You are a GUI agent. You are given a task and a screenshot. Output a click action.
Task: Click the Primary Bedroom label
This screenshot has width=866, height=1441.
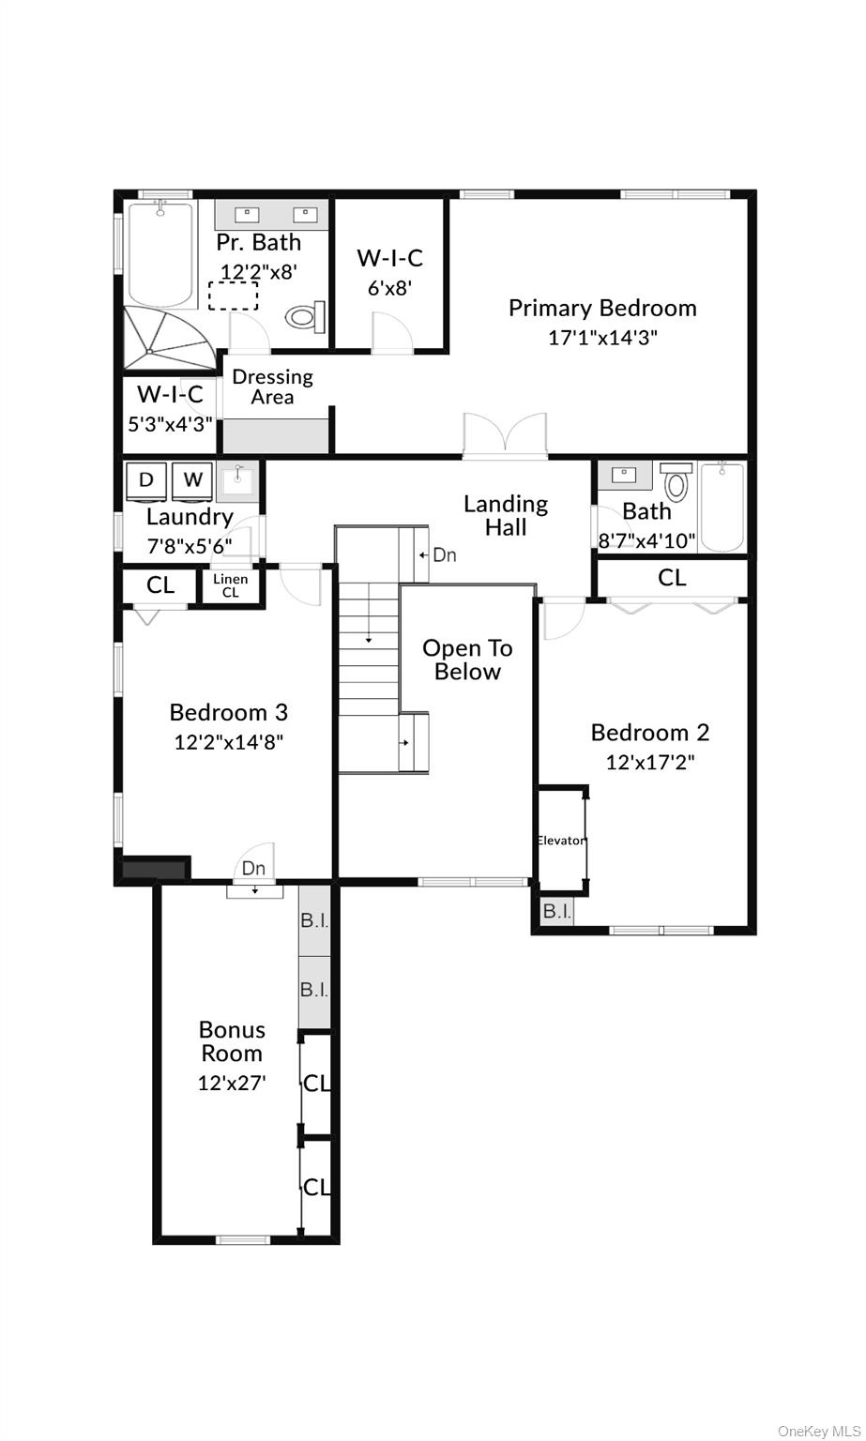coord(602,308)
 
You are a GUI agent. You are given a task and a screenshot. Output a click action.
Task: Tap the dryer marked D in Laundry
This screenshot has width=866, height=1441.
coord(146,480)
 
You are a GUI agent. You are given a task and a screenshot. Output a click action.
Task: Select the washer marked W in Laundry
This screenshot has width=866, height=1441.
coord(192,480)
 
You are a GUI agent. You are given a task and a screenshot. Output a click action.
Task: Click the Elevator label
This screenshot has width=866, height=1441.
coord(560,841)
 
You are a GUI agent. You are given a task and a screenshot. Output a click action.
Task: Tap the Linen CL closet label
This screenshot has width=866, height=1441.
coord(230,585)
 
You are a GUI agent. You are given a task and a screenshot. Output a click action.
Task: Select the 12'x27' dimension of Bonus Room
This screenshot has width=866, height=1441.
coord(232,1083)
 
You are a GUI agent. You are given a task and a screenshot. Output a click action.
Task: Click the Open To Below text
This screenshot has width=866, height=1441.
coord(467,660)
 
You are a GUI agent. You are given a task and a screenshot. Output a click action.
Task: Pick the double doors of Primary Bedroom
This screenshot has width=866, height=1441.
coord(505,436)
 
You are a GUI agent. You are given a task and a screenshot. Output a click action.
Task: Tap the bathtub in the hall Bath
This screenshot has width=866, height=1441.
coord(722,506)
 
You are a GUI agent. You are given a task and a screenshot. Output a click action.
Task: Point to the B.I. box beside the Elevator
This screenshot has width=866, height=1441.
coord(556,911)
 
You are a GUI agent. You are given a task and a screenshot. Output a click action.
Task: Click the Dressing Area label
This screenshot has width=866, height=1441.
coord(272,387)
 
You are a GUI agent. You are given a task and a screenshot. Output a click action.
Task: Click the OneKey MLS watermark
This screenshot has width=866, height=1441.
coord(813,1431)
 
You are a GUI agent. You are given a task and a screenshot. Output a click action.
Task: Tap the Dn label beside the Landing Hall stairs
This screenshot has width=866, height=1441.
coord(444,555)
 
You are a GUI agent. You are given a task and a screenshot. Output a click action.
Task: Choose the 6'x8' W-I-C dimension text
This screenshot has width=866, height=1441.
coord(389,288)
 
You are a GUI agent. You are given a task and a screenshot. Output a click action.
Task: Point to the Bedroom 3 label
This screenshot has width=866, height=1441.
coord(228,712)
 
